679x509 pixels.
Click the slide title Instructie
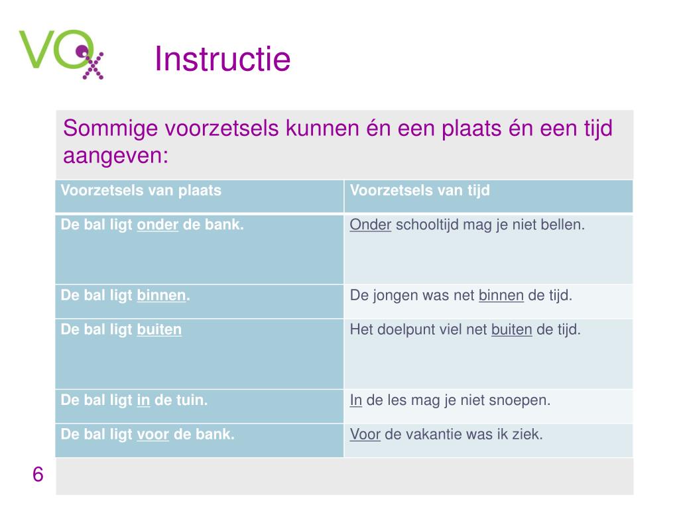(222, 60)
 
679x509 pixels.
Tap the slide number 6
(38, 475)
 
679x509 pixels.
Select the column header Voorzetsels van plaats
(141, 191)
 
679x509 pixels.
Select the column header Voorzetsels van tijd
(420, 191)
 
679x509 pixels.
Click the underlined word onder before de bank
(158, 225)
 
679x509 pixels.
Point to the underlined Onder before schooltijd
(371, 225)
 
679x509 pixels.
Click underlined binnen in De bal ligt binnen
(161, 296)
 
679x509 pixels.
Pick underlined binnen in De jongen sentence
(501, 296)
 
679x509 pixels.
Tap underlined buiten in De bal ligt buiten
(159, 329)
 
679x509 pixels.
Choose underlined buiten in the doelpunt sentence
(512, 329)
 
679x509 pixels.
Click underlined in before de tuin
(143, 400)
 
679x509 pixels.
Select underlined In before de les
(356, 400)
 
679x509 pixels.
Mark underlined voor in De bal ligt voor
(153, 435)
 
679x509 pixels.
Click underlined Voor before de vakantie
(365, 435)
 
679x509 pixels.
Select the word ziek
(528, 435)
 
